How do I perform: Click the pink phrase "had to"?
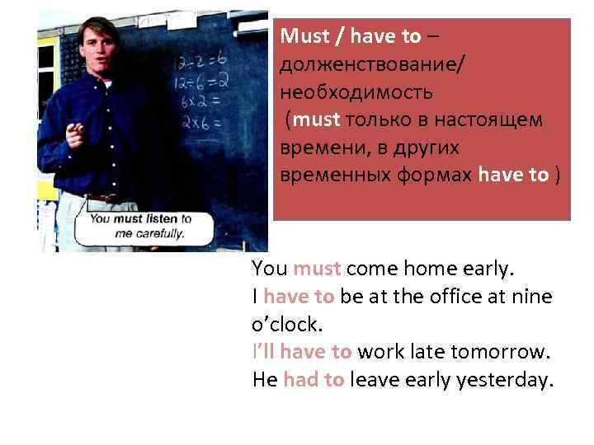click(x=313, y=381)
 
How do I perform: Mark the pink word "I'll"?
click(x=263, y=353)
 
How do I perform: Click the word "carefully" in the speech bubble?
click(x=158, y=232)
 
